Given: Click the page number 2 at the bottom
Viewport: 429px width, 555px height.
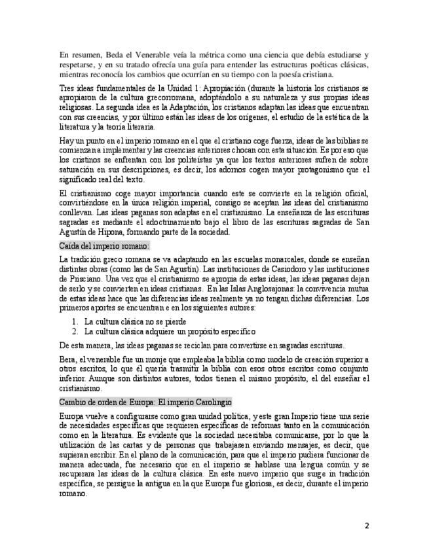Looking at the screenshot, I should click(367, 526).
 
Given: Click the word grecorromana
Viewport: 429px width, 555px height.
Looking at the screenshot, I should click(153, 97).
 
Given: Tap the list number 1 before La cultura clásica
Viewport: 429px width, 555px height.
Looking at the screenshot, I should click(75, 321).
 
